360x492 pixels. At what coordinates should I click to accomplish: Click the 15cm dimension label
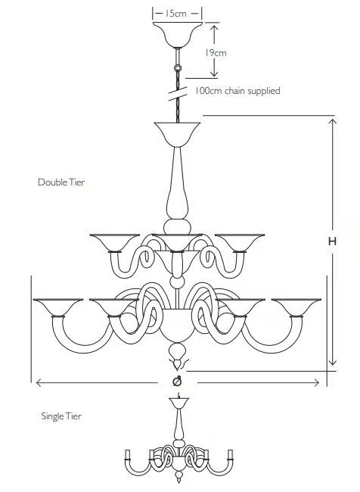pyautogui.click(x=176, y=14)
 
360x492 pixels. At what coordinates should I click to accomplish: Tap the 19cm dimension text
pyautogui.click(x=216, y=53)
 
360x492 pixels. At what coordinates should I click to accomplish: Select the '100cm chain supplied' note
pyautogui.click(x=237, y=91)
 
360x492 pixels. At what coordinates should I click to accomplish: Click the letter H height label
pyautogui.click(x=332, y=241)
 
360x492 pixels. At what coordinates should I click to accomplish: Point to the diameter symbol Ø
pyautogui.click(x=177, y=381)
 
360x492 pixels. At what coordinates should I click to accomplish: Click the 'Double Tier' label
pyautogui.click(x=61, y=182)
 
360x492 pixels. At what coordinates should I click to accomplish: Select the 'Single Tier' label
pyautogui.click(x=61, y=416)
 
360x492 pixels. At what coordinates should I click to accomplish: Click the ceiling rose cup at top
pyautogui.click(x=178, y=35)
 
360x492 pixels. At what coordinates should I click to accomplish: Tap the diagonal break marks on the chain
pyautogui.click(x=178, y=94)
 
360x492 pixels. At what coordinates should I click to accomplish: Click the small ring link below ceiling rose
pyautogui.click(x=178, y=68)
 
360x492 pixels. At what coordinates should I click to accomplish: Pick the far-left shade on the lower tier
pyautogui.click(x=58, y=307)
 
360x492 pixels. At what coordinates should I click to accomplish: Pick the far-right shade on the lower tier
pyautogui.click(x=296, y=307)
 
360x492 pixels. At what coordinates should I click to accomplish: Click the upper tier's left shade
pyautogui.click(x=115, y=242)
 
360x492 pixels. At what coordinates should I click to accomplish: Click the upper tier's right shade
pyautogui.click(x=240, y=242)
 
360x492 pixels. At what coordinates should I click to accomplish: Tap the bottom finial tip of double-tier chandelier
pyautogui.click(x=178, y=369)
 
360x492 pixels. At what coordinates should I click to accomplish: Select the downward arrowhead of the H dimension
pyautogui.click(x=333, y=362)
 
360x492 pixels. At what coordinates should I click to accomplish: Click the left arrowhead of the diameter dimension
pyautogui.click(x=39, y=382)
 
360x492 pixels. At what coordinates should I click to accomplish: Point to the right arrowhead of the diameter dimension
pyautogui.click(x=316, y=382)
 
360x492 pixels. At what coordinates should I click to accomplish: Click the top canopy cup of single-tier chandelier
pyautogui.click(x=178, y=403)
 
